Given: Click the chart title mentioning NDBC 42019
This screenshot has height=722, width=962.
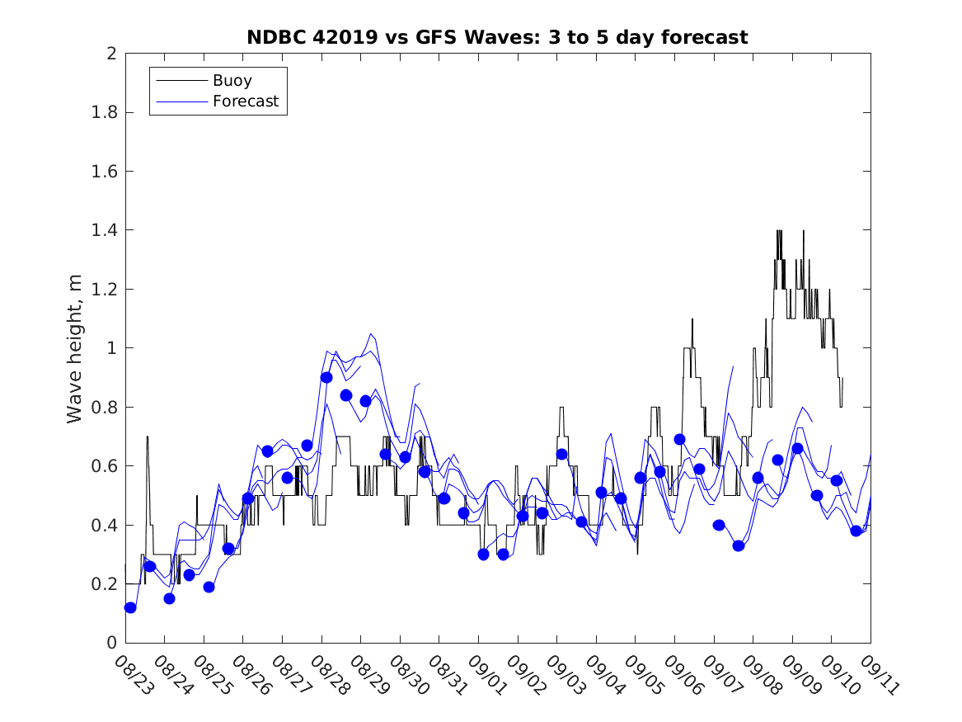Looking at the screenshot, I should pyautogui.click(x=497, y=37).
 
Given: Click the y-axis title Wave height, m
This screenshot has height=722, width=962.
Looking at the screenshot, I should pyautogui.click(x=75, y=347).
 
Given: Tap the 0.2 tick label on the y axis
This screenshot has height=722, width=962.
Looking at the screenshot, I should pyautogui.click(x=105, y=584).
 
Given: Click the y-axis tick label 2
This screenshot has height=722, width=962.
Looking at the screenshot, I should pyautogui.click(x=110, y=54).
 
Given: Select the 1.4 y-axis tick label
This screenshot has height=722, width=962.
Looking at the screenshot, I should pyautogui.click(x=105, y=230).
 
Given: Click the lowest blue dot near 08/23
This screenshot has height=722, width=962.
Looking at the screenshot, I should pyautogui.click(x=130, y=607).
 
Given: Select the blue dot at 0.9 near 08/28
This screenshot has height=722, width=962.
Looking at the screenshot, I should pyautogui.click(x=326, y=377).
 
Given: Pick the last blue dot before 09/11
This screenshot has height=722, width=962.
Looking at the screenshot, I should pyautogui.click(x=856, y=531).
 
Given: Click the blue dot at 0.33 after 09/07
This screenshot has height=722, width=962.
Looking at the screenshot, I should pyautogui.click(x=739, y=545).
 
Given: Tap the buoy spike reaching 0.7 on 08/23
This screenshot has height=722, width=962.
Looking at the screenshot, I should pyautogui.click(x=148, y=437).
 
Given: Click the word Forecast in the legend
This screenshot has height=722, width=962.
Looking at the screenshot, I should pyautogui.click(x=246, y=102).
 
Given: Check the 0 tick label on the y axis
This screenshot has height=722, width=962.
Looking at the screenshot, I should pyautogui.click(x=110, y=643).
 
